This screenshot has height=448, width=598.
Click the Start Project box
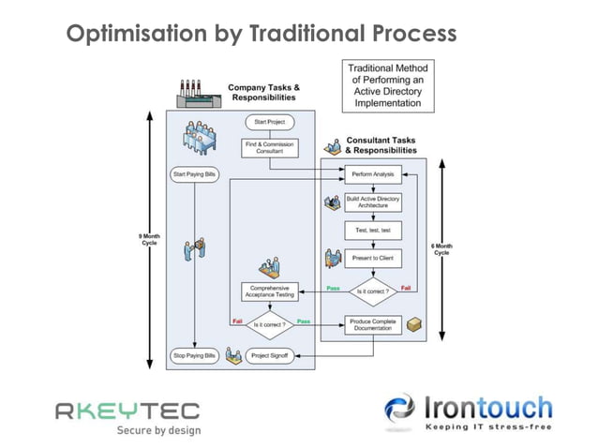point(270,121)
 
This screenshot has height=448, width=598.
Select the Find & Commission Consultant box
point(270,148)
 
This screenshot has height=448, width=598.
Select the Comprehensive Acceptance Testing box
point(270,291)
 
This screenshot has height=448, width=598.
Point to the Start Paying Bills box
point(193,174)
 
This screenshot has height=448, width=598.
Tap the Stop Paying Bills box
point(193,356)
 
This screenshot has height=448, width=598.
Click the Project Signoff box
point(270,356)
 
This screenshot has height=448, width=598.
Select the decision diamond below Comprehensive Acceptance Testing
point(270,324)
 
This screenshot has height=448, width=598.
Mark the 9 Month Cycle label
point(148,240)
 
